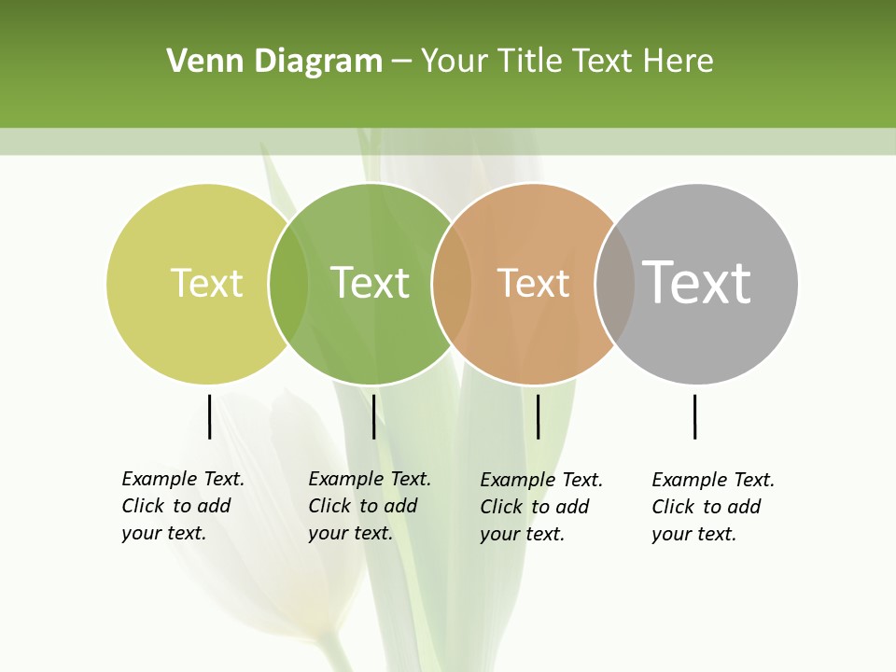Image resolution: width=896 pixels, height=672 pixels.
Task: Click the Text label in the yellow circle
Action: [x=206, y=283]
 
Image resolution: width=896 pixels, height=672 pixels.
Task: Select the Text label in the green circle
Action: [x=371, y=283]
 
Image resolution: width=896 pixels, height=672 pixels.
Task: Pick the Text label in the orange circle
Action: [x=533, y=283]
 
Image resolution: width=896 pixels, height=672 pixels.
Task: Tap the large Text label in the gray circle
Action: [x=697, y=283]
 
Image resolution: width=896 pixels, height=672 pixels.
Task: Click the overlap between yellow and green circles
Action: [x=288, y=283]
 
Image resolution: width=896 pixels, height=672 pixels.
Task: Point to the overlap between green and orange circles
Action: [x=452, y=283]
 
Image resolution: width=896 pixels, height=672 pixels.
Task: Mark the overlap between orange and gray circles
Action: [x=615, y=283]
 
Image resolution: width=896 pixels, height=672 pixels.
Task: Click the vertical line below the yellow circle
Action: [x=209, y=416]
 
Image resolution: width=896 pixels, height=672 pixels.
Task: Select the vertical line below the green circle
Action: [x=373, y=416]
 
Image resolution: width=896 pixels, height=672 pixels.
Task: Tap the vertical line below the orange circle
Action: [x=538, y=416]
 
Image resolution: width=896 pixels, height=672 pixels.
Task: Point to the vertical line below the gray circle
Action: [x=694, y=416]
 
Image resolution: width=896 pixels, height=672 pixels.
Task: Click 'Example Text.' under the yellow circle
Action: [x=183, y=479]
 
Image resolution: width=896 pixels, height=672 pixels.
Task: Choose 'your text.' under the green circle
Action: [x=350, y=533]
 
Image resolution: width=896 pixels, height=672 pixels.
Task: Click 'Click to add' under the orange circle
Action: [x=535, y=507]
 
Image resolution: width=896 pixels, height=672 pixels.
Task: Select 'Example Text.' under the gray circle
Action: [x=713, y=480]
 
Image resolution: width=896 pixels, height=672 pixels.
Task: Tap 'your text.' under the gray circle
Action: [x=693, y=534]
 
